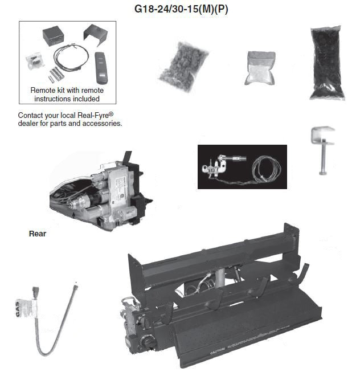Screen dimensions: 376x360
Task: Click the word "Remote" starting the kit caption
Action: click(x=44, y=90)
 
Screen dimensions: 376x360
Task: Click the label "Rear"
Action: click(x=38, y=233)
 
